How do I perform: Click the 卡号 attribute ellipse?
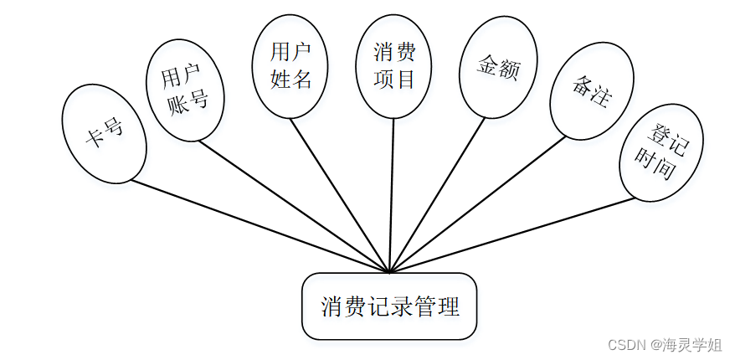coord(105,133)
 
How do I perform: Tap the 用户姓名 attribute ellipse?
coord(290,66)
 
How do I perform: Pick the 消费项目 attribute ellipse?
coord(395,66)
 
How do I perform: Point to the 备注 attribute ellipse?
coord(591,91)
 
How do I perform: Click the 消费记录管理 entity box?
coord(389,306)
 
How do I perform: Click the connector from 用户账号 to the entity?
coord(293,204)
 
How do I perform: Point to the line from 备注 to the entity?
coord(477,204)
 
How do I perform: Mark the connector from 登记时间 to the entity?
coord(511,234)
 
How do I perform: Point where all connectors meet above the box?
coord(390,272)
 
